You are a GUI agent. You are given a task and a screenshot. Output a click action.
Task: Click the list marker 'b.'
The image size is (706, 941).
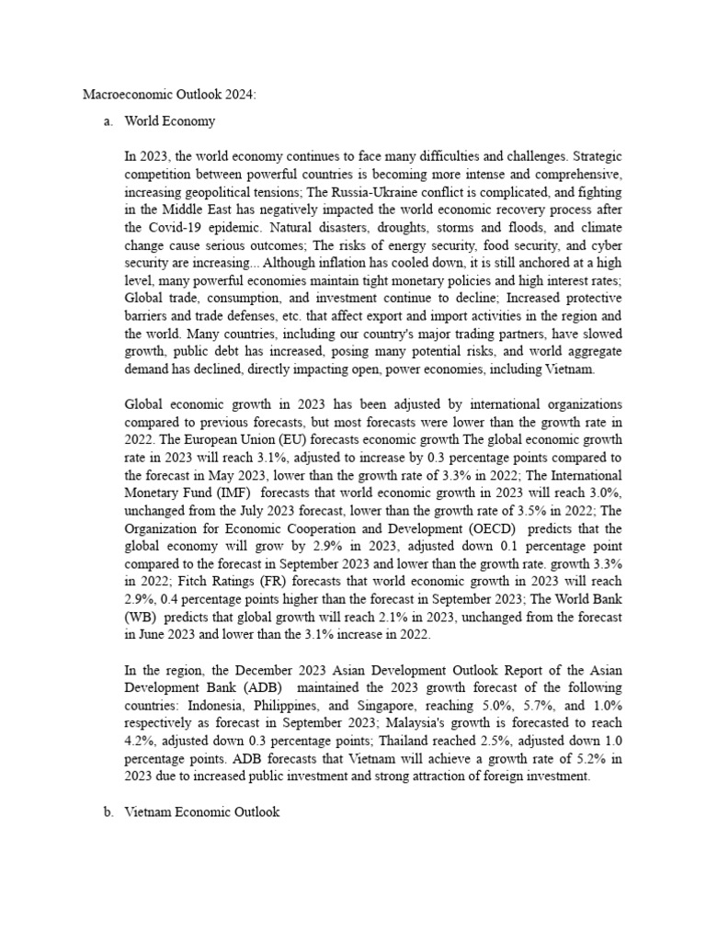108,813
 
